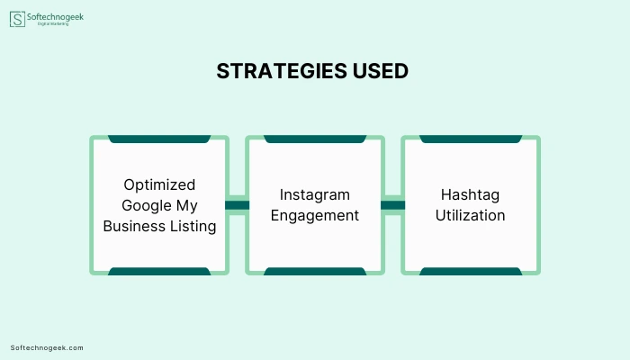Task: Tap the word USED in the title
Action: click(381, 71)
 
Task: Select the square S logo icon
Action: click(17, 19)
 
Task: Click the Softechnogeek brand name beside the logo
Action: click(55, 17)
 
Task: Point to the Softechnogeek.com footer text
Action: click(47, 348)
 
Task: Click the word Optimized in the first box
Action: click(159, 184)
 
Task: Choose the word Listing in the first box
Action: click(193, 226)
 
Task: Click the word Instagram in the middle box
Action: click(315, 195)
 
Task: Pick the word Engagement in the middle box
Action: click(315, 216)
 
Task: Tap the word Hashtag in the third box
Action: click(470, 195)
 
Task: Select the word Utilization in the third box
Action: click(470, 215)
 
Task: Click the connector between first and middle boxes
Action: click(237, 205)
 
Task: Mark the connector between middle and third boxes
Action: click(393, 205)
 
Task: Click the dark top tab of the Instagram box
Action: click(315, 139)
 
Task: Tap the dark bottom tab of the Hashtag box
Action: click(471, 271)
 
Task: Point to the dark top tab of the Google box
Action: click(159, 139)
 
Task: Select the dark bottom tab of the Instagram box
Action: click(315, 271)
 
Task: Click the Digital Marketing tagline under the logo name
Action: click(53, 24)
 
